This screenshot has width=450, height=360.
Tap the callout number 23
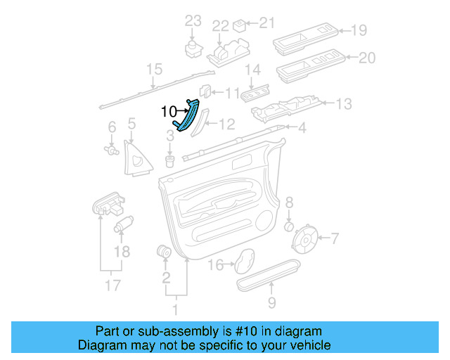pos(193,22)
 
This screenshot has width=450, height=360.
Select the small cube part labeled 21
pos(240,26)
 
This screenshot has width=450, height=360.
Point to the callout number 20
pos(367,58)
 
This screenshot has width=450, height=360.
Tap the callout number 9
pos(271,304)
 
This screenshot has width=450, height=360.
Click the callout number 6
pos(111,127)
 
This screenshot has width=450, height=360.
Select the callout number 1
pos(176,308)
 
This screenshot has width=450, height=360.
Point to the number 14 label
pos(252,70)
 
